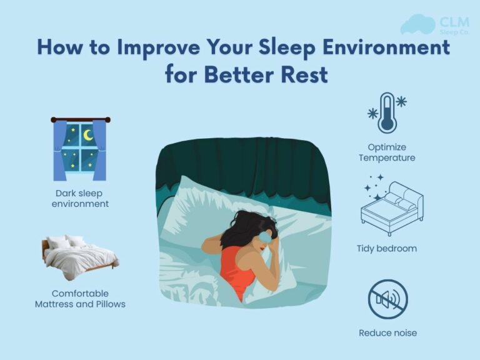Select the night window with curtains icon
[x=81, y=148]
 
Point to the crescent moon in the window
[x=88, y=136]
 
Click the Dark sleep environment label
[x=81, y=198]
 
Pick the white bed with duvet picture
[x=80, y=256]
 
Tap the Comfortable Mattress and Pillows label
[x=80, y=298]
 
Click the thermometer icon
[x=387, y=112]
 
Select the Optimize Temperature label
[x=387, y=152]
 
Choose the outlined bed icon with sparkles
[x=391, y=204]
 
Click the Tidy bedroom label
[x=387, y=248]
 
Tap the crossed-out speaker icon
[x=387, y=299]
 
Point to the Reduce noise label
[x=387, y=332]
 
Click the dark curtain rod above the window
[x=81, y=119]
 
